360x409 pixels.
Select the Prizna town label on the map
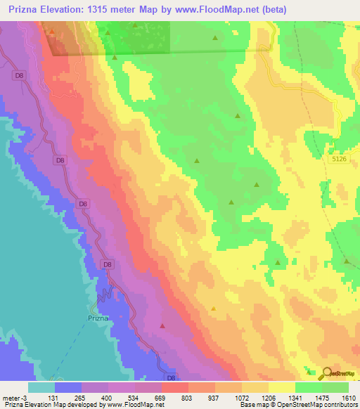click(x=98, y=318)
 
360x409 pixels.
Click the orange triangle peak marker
click(x=214, y=308)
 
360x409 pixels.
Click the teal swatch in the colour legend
click(x=41, y=387)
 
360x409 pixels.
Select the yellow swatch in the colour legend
click(x=282, y=387)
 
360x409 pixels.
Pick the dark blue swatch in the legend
click(x=68, y=387)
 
